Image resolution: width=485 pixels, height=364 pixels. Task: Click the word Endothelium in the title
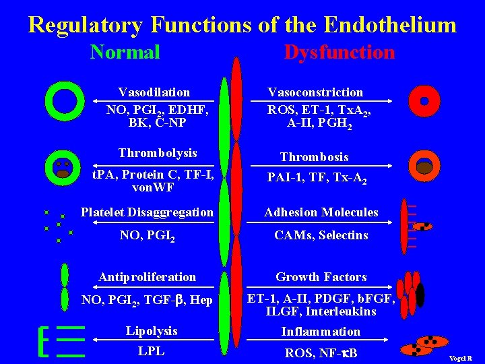pos(390,25)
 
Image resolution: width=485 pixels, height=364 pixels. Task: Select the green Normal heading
pos(125,52)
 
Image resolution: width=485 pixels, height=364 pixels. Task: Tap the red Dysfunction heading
pos(339,52)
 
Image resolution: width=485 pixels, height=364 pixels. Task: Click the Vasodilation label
pos(154,92)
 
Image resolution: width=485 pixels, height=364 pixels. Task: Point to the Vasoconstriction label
pos(315,92)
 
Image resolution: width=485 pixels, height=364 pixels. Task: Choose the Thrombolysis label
pos(158,153)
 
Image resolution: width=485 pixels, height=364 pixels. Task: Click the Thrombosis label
pos(315,157)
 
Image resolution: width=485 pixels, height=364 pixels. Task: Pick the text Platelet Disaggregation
pos(147,212)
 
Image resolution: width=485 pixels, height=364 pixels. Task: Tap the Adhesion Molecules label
pos(321,212)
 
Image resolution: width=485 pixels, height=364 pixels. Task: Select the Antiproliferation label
pos(148,277)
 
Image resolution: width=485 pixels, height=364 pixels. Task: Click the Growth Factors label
pos(321,277)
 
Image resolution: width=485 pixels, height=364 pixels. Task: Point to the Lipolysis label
pos(152,331)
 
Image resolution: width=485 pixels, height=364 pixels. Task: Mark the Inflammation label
pos(321,332)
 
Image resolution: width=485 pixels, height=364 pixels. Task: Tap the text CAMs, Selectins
pos(321,235)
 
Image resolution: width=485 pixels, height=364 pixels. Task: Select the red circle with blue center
pos(424,101)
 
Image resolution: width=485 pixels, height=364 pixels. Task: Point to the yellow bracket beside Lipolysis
pos(44,342)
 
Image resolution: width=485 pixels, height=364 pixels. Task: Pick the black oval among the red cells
pos(420,295)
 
